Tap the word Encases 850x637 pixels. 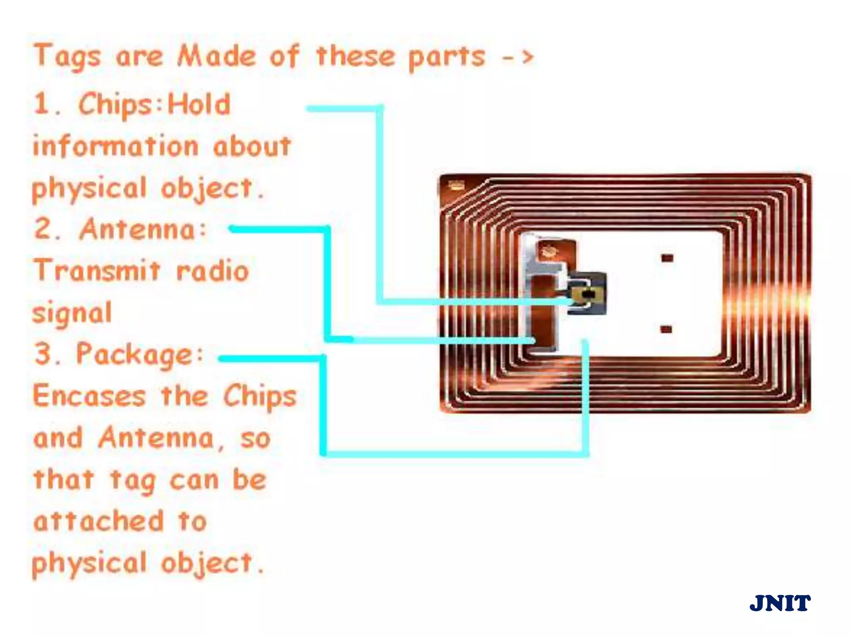coord(89,396)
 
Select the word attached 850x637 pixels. coord(99,522)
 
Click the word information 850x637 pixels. coord(116,147)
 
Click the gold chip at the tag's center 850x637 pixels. coord(586,294)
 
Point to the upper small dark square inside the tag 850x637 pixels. coord(667,258)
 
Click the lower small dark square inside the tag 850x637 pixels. coord(666,330)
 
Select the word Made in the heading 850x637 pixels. coord(216,56)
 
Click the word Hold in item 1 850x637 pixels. coord(199,105)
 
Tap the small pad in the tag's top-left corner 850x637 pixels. coord(457,186)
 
